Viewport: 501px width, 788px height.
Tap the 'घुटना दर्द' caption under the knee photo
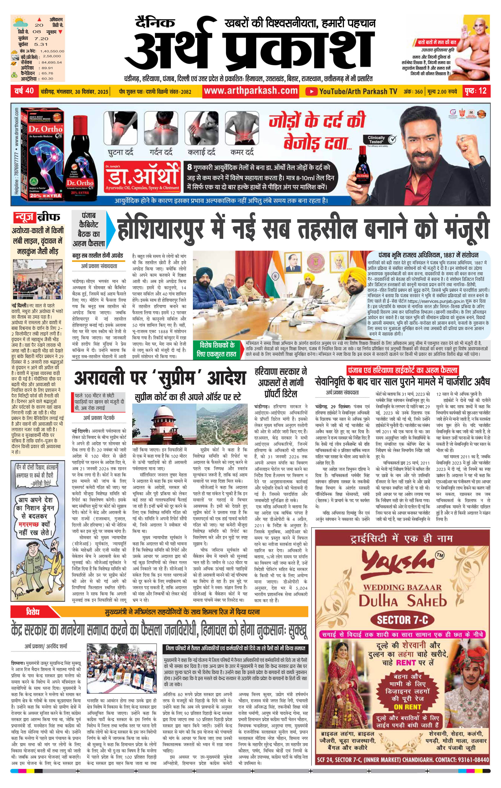pyautogui.click(x=121, y=152)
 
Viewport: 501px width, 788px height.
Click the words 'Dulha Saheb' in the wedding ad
pyautogui.click(x=402, y=601)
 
